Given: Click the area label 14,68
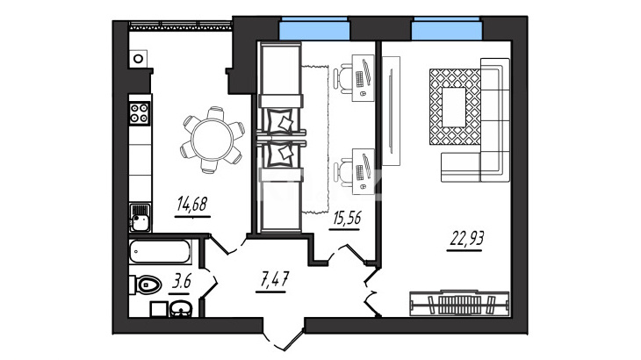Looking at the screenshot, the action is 192,204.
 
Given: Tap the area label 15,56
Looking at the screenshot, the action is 347,219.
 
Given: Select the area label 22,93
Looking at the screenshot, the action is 466,238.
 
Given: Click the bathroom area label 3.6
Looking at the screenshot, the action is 182,282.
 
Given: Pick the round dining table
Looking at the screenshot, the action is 212,140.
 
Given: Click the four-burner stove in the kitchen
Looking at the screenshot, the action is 139,113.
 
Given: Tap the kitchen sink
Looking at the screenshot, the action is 140,218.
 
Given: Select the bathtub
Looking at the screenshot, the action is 160,251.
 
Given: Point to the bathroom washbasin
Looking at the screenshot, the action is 181,309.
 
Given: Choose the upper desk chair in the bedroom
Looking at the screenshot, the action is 342,77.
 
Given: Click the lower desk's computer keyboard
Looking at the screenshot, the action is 360,172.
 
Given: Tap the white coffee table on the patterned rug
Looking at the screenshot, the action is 454,107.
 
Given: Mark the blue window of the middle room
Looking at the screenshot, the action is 314,30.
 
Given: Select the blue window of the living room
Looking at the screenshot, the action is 446,30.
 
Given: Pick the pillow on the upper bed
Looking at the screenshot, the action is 284,122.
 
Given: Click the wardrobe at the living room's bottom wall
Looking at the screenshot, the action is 459,304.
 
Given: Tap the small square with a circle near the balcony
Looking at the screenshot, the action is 139,59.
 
